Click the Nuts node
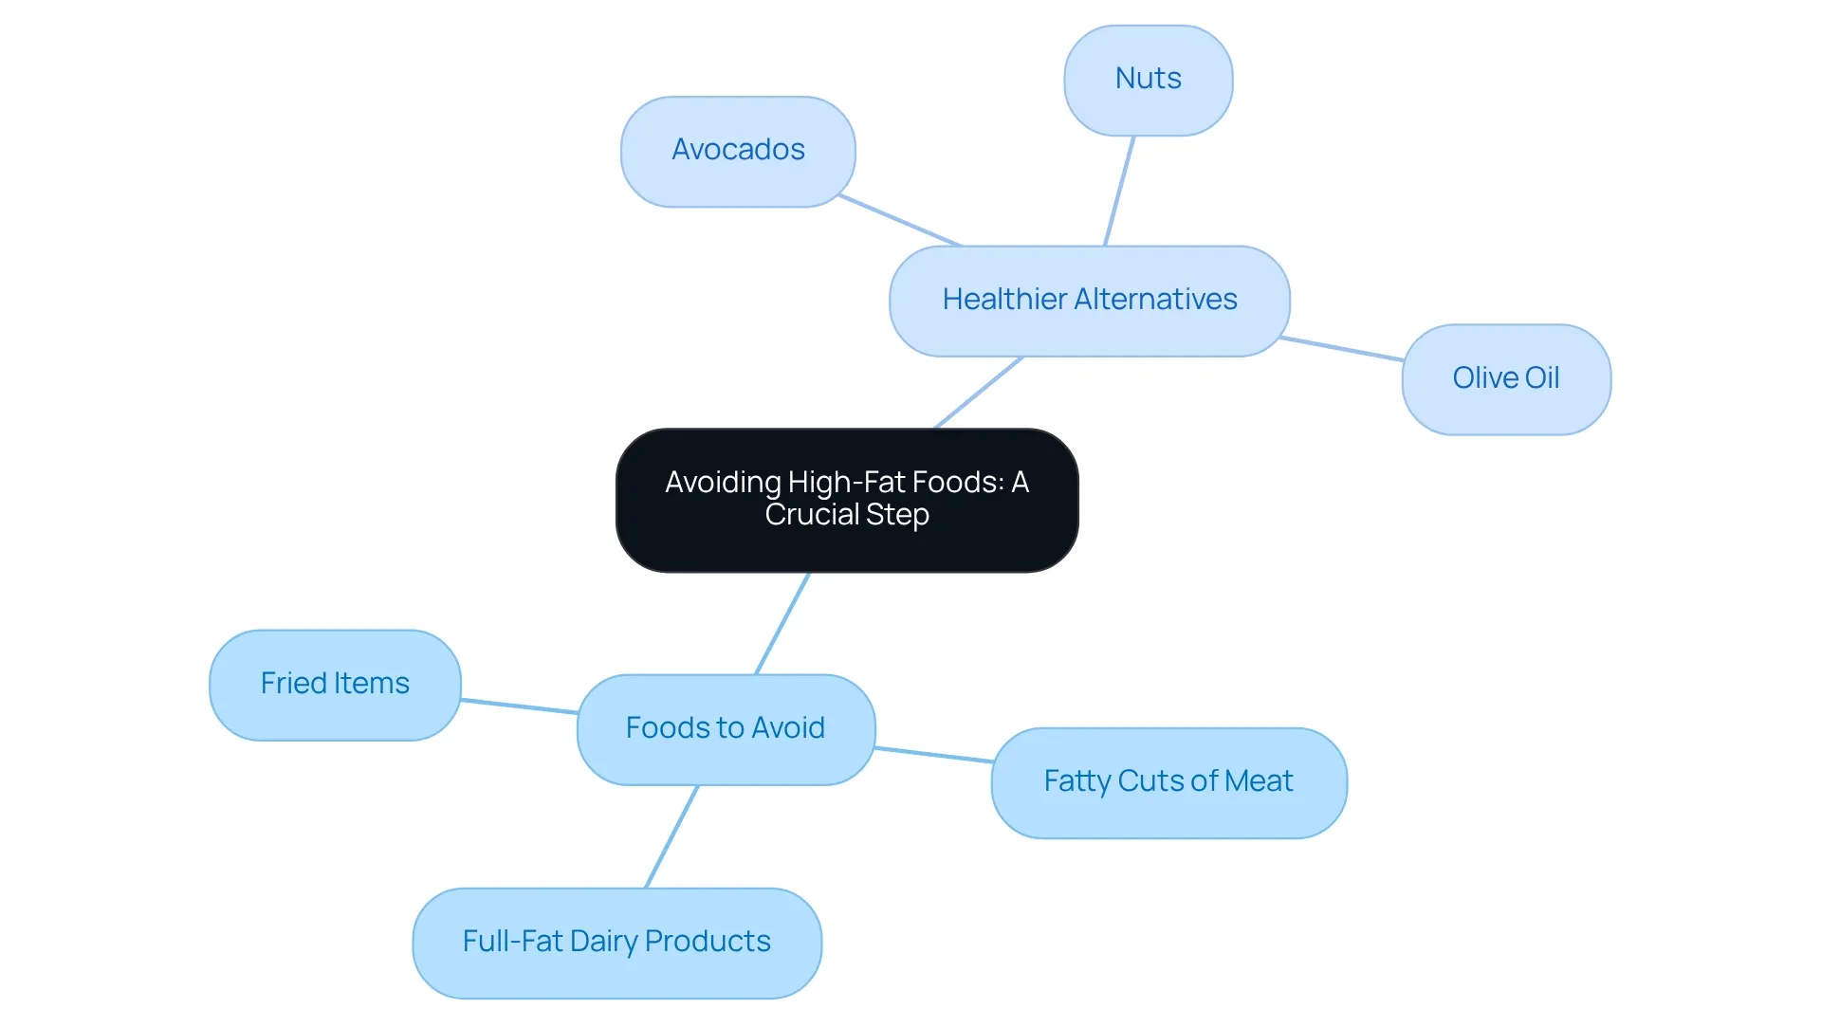coord(1149,81)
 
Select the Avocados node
coord(738,152)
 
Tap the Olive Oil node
coord(1506,379)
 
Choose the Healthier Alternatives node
coord(1090,302)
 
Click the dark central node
coord(847,500)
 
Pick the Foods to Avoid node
coord(726,729)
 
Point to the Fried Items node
coord(335,685)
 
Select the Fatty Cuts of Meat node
coord(1168,782)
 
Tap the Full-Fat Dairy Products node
coord(616,943)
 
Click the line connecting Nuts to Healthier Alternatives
coord(1119,191)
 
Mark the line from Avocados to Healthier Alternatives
coord(900,220)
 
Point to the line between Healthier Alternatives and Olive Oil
coord(1341,348)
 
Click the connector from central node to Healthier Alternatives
coord(978,393)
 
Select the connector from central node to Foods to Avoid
coord(782,623)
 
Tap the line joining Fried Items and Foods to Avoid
coord(519,706)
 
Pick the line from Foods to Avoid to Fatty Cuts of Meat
coord(933,754)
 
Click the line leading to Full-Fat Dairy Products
coord(671,836)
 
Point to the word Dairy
coord(603,942)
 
